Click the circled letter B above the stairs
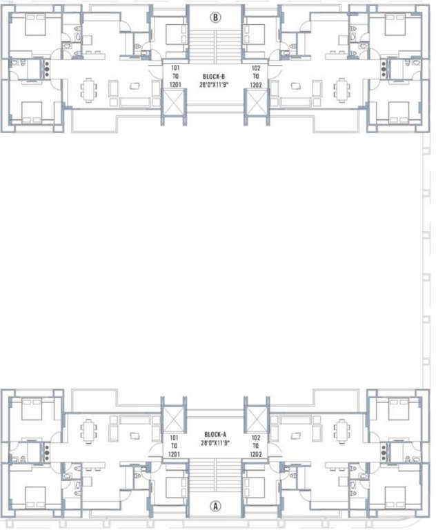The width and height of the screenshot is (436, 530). click(215, 19)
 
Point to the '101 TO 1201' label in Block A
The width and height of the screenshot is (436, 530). click(175, 446)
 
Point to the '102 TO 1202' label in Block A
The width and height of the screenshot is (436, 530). click(256, 446)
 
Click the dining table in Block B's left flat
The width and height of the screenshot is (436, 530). click(88, 88)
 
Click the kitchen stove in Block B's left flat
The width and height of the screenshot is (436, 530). click(47, 68)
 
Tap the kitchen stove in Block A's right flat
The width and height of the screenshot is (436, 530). click(384, 452)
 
